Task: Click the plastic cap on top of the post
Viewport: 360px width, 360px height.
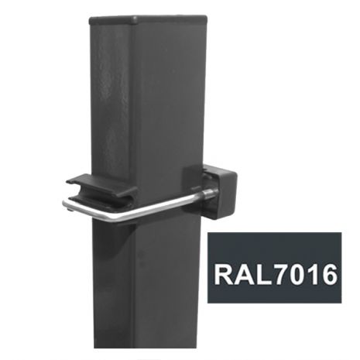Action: [148, 20]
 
